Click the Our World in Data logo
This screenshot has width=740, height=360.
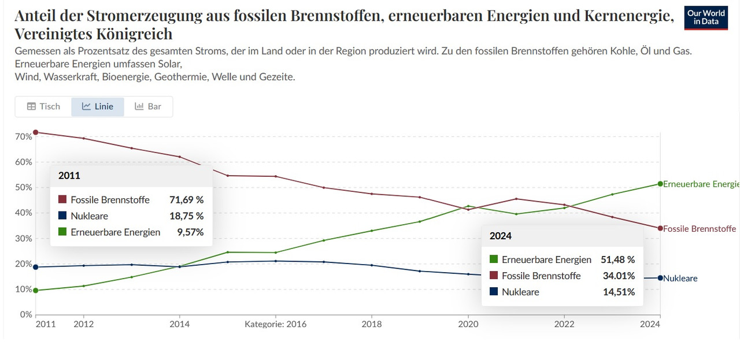(x=706, y=18)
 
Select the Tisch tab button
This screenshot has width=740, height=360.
(x=43, y=106)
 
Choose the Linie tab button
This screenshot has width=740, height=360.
(x=98, y=106)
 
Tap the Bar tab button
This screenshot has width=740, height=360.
(x=148, y=106)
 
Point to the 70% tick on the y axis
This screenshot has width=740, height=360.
(x=24, y=137)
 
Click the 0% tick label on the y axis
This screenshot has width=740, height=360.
(x=25, y=315)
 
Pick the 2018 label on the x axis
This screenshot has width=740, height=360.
(x=372, y=325)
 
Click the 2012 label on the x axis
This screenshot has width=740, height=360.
(x=83, y=325)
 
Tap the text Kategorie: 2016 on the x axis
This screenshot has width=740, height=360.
(x=275, y=325)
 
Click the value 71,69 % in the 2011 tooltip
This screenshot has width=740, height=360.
(x=186, y=200)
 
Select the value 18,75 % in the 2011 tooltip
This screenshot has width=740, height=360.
(x=186, y=216)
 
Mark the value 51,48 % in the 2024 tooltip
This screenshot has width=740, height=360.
(x=617, y=260)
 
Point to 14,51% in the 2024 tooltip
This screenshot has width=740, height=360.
(x=619, y=292)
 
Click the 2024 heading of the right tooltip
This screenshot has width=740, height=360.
(x=501, y=236)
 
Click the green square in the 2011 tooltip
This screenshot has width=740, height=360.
(x=62, y=232)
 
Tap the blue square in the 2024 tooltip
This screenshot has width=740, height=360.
(x=493, y=292)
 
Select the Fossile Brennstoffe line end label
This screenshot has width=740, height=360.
(x=700, y=229)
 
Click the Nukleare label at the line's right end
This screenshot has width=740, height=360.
(x=680, y=279)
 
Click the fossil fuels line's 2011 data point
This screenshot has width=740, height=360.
(x=36, y=132)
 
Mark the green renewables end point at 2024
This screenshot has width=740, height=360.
(x=660, y=184)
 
